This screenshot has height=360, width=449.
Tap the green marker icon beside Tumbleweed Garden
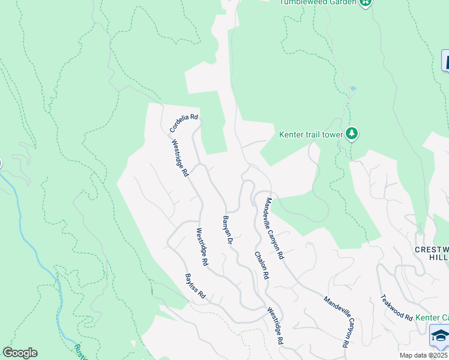pyautogui.click(x=366, y=2)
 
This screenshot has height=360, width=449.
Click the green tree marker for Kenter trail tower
pyautogui.click(x=353, y=134)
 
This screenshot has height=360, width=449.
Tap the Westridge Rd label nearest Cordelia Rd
pyautogui.click(x=181, y=158)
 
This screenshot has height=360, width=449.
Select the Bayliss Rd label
pyautogui.click(x=195, y=287)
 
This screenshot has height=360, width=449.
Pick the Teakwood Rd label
pyautogui.click(x=397, y=307)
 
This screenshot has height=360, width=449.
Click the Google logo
pyautogui.click(x=20, y=353)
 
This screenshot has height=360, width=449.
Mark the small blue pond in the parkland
pyautogui.click(x=353, y=89)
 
